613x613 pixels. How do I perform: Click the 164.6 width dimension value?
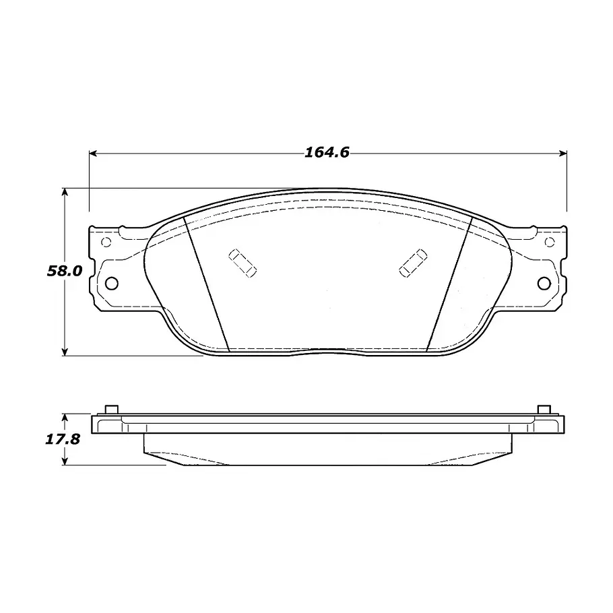point(327,152)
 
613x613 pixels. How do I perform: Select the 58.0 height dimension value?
point(65,271)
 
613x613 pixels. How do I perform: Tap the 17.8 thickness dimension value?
point(63,439)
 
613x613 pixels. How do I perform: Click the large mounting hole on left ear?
point(111,283)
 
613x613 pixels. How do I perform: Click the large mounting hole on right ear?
point(544,283)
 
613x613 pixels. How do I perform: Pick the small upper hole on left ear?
point(106,243)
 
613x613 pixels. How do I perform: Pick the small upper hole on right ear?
point(550,243)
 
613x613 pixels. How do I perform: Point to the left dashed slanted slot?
point(243,263)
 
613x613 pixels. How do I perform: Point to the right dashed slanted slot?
point(413,263)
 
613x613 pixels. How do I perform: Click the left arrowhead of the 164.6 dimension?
point(93,154)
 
